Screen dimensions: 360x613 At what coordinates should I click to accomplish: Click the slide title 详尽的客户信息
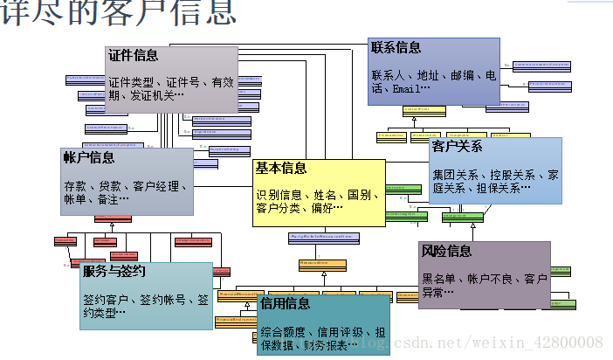click(x=118, y=12)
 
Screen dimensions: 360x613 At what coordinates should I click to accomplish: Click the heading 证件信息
click(x=134, y=55)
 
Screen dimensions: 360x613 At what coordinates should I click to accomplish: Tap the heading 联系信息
click(x=396, y=47)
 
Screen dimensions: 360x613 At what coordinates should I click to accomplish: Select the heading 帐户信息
click(x=88, y=157)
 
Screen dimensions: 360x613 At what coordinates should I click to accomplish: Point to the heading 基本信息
click(x=281, y=167)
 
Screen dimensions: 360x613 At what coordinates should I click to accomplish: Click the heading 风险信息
click(x=446, y=251)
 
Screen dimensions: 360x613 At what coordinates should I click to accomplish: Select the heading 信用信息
click(x=285, y=303)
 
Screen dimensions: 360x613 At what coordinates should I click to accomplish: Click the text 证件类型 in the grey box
click(x=133, y=81)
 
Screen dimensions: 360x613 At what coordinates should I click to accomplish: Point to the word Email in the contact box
click(x=408, y=89)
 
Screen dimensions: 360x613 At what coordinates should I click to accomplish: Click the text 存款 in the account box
click(x=75, y=186)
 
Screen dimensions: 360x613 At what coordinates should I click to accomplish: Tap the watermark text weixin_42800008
click(x=550, y=342)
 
